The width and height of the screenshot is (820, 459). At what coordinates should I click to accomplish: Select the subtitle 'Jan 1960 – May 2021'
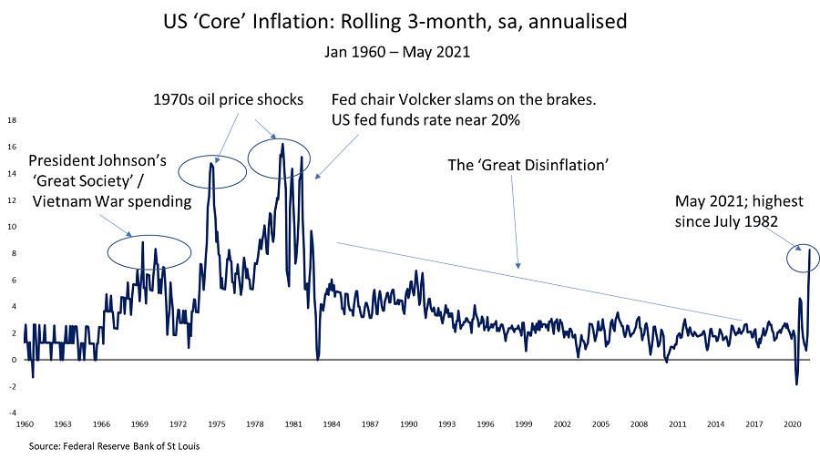(x=397, y=52)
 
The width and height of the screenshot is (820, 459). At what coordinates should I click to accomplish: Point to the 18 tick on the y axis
(x=12, y=119)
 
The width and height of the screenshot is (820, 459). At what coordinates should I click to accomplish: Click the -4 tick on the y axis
(x=12, y=412)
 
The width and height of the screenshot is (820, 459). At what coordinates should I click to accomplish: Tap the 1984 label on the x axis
(x=331, y=423)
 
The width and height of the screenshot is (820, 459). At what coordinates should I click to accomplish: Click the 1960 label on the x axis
(x=25, y=423)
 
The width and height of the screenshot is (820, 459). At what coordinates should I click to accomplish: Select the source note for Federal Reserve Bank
(x=114, y=446)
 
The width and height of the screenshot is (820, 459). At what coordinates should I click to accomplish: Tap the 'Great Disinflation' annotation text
(x=528, y=165)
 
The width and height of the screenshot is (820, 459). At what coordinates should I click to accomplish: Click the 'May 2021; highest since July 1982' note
(x=737, y=210)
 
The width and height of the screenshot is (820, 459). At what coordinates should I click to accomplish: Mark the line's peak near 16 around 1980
(x=282, y=144)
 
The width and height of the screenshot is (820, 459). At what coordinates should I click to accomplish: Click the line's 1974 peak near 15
(x=212, y=163)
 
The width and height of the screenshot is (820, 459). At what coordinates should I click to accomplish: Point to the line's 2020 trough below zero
(x=796, y=383)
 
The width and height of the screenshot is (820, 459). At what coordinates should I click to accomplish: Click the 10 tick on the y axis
(x=12, y=226)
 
